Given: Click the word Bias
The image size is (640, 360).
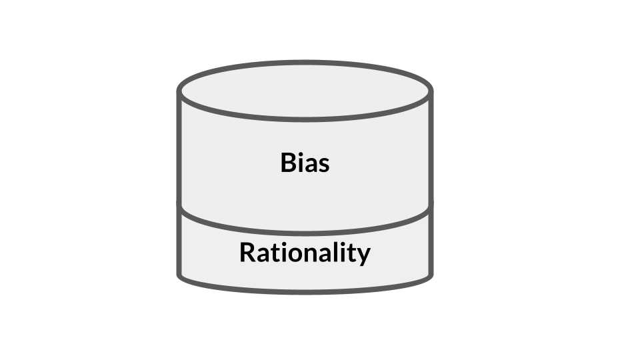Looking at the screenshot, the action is (305, 163).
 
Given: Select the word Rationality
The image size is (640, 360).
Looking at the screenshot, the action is (305, 253).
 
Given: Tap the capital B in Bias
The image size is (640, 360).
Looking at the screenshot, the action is (289, 163).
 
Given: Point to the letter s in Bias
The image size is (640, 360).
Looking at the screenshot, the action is (323, 165).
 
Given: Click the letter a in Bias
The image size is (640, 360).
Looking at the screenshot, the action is (309, 165).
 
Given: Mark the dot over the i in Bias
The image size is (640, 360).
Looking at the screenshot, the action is (299, 154).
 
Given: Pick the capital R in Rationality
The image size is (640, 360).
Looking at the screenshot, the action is (248, 252).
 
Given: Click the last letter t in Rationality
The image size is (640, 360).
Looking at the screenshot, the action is (354, 253).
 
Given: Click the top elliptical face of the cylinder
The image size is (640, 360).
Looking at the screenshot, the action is (305, 91).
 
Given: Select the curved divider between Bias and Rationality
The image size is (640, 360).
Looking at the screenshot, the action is (305, 233).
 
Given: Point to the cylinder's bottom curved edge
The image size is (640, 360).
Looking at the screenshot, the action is (305, 292).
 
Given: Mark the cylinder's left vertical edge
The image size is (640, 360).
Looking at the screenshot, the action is (179, 184).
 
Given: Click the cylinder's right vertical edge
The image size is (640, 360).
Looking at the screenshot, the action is (431, 184).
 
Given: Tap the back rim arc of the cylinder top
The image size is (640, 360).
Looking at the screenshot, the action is (305, 63).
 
